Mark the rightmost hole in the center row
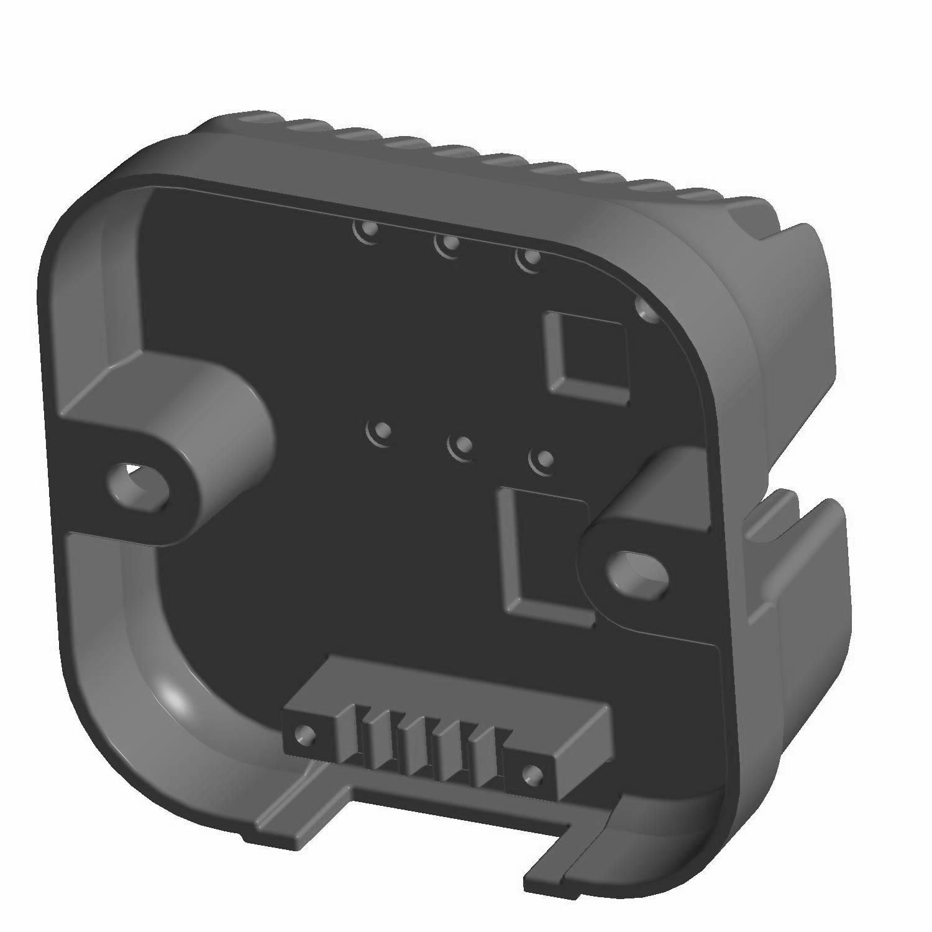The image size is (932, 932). pyautogui.click(x=543, y=460)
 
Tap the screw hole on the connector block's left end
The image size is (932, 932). pyautogui.click(x=304, y=735)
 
